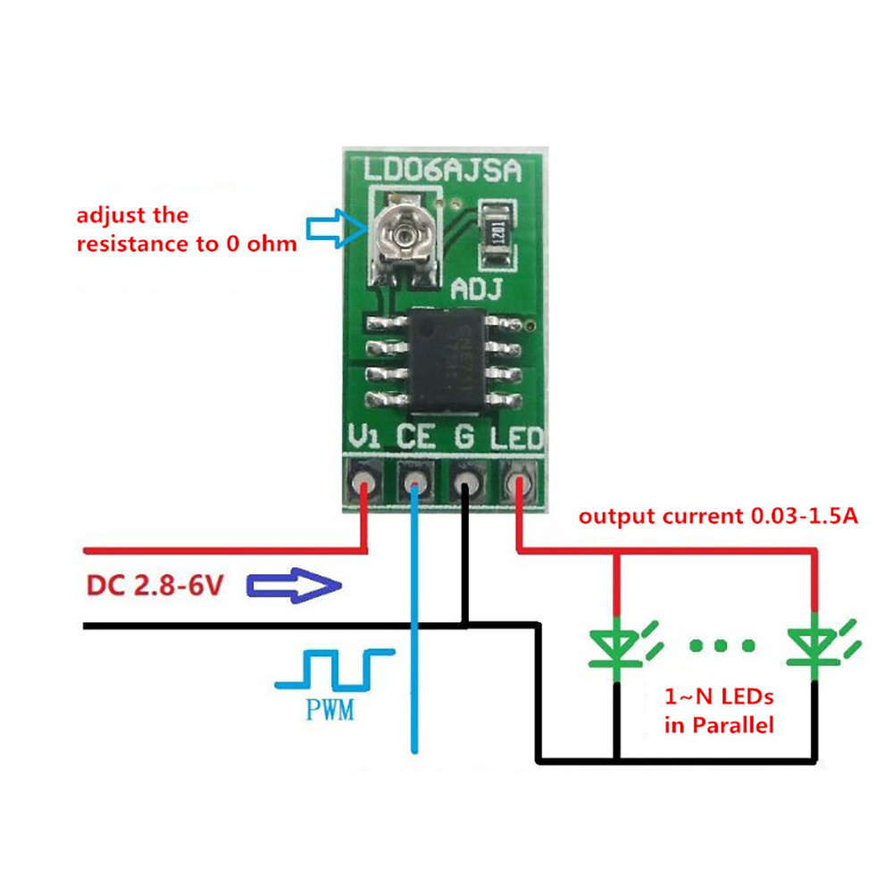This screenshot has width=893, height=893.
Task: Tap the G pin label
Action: click(465, 438)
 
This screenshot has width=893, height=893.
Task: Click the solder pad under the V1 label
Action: click(363, 485)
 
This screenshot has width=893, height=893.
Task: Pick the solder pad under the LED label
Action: click(518, 485)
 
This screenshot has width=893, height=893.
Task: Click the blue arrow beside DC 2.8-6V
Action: click(294, 586)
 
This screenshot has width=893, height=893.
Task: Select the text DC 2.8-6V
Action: click(157, 587)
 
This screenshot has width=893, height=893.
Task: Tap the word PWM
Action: click(328, 712)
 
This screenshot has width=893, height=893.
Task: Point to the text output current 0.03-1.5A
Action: click(718, 516)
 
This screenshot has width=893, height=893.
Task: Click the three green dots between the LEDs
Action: click(723, 645)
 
